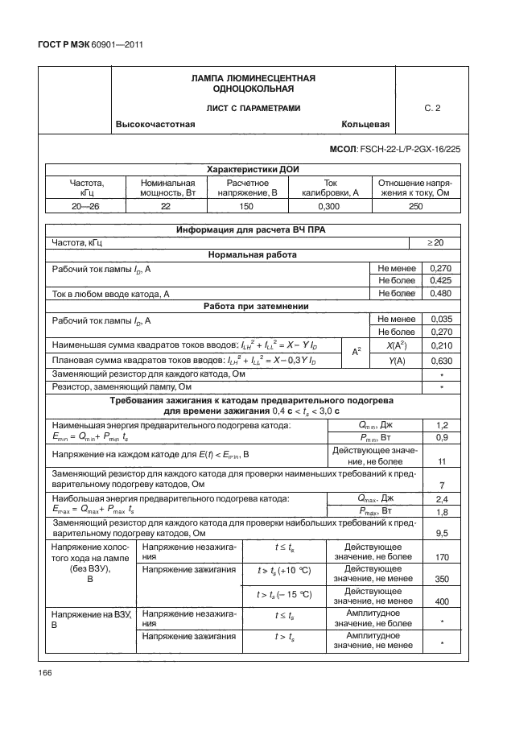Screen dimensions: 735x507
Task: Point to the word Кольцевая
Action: click(365, 125)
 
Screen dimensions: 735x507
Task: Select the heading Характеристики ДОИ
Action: click(250, 171)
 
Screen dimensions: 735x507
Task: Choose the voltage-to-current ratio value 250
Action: click(415, 207)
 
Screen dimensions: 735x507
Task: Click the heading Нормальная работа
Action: click(251, 254)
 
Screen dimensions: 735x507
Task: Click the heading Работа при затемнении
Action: click(251, 306)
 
